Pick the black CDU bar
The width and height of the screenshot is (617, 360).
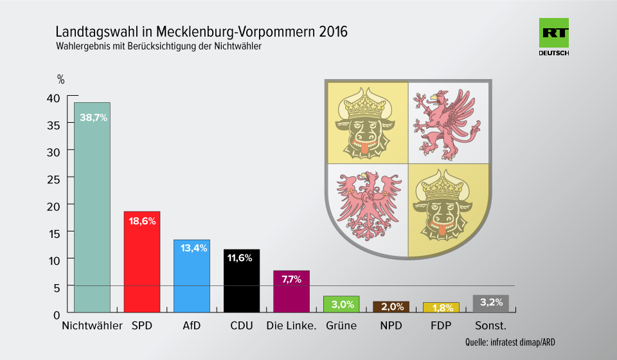pos(242,280)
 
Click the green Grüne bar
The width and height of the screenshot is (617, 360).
pos(341,304)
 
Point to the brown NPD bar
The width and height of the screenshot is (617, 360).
pos(391,307)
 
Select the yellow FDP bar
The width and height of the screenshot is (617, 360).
pos(441,307)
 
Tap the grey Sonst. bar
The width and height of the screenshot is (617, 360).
pos(490,303)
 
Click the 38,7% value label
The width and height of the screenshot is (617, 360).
pos(93,118)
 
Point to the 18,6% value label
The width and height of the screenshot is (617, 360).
pos(143,221)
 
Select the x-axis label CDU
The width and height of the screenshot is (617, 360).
pos(242,325)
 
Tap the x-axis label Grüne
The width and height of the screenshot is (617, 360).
pos(341,325)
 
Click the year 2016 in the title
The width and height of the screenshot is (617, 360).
pos(333,32)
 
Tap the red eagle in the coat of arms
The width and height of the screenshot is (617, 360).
pos(368,203)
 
